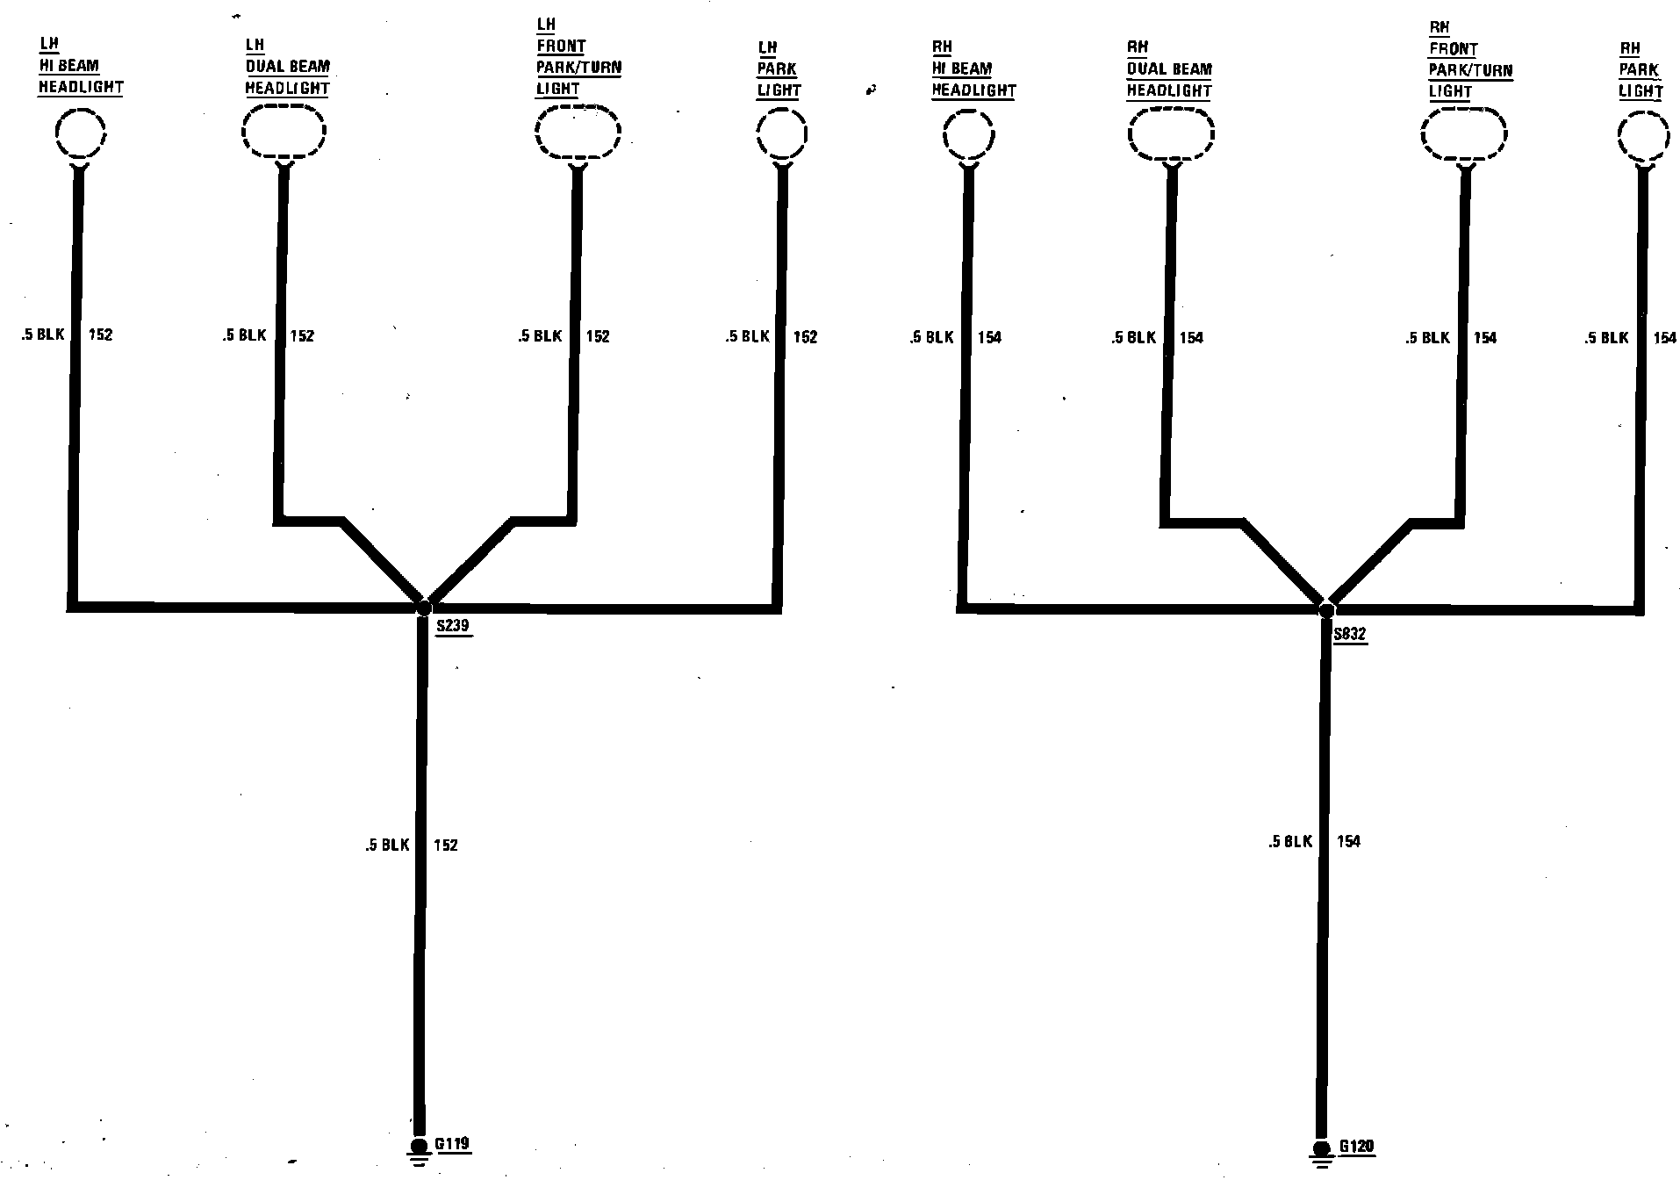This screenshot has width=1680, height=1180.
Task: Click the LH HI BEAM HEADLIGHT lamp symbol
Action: pos(81,133)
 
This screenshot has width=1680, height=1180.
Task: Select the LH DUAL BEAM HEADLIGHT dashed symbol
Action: pos(284,132)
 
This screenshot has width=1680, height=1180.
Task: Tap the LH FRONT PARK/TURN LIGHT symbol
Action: pos(578,133)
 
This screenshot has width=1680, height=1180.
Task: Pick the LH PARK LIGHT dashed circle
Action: pos(782,134)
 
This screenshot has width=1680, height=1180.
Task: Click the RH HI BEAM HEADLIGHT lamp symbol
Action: pos(969,136)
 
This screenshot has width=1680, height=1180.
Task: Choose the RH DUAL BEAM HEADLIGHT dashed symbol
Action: pos(1171,135)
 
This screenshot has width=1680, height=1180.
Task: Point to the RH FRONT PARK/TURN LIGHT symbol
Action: pos(1464,136)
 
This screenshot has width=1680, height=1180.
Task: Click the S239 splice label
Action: pos(453,627)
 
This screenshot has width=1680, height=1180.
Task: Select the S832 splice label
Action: pos(1349,635)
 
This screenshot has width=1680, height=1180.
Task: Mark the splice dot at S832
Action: pos(1326,610)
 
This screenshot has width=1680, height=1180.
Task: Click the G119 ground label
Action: pos(453,1144)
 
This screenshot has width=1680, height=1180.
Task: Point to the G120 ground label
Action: pos(1357,1147)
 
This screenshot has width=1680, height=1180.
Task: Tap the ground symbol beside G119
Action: pos(420,1149)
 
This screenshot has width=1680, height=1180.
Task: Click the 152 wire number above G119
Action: pos(446,845)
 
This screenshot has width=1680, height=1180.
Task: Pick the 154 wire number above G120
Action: pos(1348,841)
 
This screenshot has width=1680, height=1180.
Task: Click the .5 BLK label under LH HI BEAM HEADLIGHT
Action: pos(43,335)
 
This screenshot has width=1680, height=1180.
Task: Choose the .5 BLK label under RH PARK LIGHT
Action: pos(1606,337)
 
